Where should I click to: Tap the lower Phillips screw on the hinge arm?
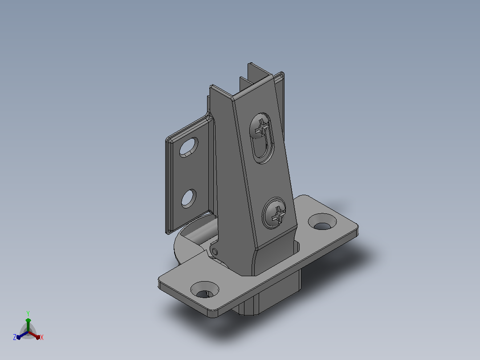[x=275, y=213]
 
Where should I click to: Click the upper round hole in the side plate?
[x=189, y=147]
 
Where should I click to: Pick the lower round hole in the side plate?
[x=189, y=199]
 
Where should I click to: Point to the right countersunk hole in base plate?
[x=322, y=222]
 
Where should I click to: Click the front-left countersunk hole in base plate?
[x=204, y=290]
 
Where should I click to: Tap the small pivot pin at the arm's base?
[x=215, y=252]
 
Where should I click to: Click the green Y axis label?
[x=28, y=313]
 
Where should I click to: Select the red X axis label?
[x=42, y=337]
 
